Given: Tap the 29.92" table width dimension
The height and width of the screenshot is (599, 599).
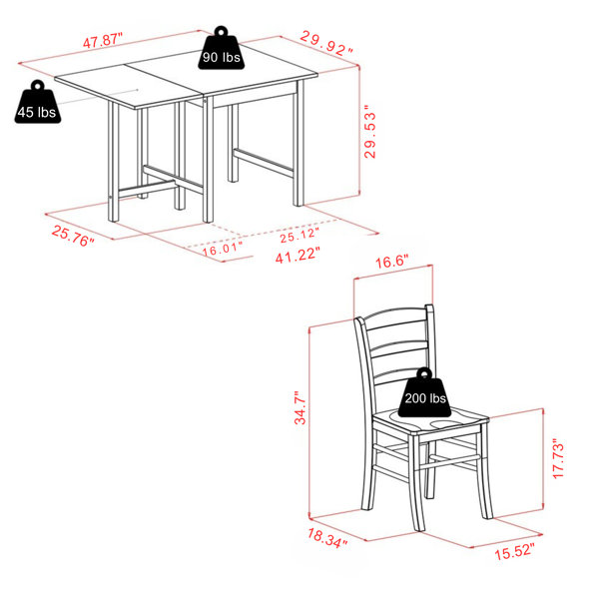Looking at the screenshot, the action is pyautogui.click(x=326, y=43).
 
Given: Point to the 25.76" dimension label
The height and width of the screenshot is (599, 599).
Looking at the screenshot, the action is pyautogui.click(x=73, y=236).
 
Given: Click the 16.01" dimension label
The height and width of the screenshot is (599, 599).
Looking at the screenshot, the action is pyautogui.click(x=223, y=249).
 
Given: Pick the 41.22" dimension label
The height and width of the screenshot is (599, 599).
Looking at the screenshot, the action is pyautogui.click(x=298, y=256).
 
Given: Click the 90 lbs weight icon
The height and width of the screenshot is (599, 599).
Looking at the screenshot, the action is pyautogui.click(x=222, y=48).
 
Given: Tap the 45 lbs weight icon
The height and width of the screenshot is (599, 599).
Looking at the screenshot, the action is pyautogui.click(x=38, y=102).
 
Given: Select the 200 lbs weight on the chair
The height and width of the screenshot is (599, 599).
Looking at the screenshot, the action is pyautogui.click(x=424, y=392).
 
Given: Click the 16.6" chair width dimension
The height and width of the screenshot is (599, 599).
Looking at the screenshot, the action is pyautogui.click(x=392, y=262).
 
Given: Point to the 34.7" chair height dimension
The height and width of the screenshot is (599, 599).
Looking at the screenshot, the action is pyautogui.click(x=300, y=407).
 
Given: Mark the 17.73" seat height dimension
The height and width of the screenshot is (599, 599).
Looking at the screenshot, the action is pyautogui.click(x=558, y=460).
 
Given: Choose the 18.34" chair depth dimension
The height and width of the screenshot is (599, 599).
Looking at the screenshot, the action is pyautogui.click(x=327, y=538).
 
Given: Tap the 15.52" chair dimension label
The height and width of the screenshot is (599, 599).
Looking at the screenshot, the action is pyautogui.click(x=514, y=552).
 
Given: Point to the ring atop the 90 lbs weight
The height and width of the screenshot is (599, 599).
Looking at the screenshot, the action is pyautogui.click(x=222, y=31).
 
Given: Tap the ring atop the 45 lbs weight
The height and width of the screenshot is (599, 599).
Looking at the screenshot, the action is pyautogui.click(x=38, y=85).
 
